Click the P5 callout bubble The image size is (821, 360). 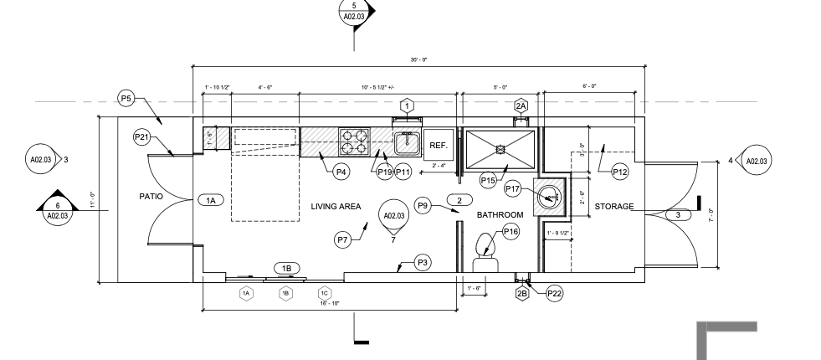pos(126,100)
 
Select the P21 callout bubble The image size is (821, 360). pos(141,136)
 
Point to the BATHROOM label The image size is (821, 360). pos(500,215)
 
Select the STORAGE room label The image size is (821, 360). pos(614,207)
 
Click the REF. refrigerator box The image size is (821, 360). pos(439,145)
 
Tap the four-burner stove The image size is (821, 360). pos(354,141)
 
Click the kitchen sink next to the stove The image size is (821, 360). pos(406,144)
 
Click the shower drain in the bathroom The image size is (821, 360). pos(500,148)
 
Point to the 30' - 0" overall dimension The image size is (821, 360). pos(418,59)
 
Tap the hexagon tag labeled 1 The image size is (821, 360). pos(407,105)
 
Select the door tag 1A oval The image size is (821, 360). pos(210,200)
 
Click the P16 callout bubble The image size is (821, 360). pos(511,231)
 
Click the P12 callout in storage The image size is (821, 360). pos(620,172)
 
